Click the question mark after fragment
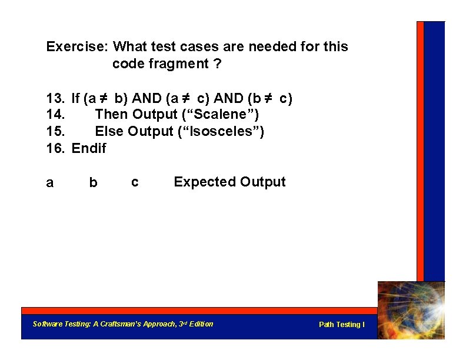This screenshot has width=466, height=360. [x=218, y=64]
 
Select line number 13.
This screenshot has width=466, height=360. [x=55, y=98]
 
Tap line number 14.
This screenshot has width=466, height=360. [x=55, y=115]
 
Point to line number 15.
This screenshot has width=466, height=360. [x=55, y=131]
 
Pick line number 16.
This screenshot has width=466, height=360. [x=55, y=148]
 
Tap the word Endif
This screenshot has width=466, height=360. [x=89, y=148]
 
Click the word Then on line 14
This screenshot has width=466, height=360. [x=112, y=115]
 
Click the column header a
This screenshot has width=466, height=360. [x=50, y=184]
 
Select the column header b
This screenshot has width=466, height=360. [x=93, y=184]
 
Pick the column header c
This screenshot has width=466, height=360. [x=135, y=183]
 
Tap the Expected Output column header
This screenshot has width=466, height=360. [x=229, y=182]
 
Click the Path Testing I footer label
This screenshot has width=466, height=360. [x=341, y=325]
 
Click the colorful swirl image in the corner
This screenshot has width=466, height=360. [x=411, y=309]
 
